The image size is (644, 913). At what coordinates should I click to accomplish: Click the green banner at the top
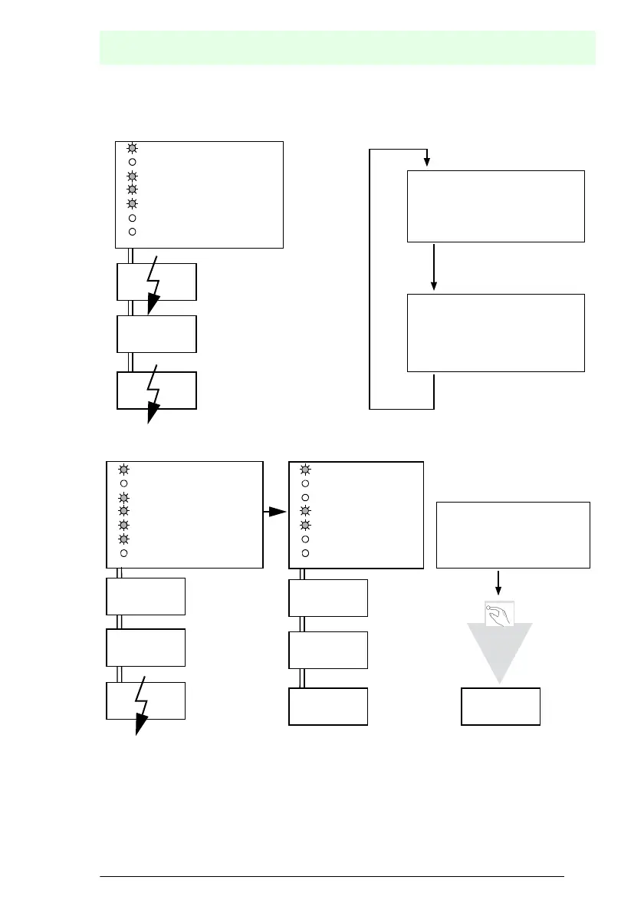pyautogui.click(x=347, y=48)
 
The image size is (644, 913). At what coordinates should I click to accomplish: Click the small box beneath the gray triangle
pyautogui.click(x=500, y=707)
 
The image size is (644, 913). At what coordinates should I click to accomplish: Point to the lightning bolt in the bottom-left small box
pyautogui.click(x=142, y=705)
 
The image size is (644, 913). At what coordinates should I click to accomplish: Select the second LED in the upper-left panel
pyautogui.click(x=132, y=162)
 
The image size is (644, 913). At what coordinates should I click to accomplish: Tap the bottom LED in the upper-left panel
pyautogui.click(x=132, y=231)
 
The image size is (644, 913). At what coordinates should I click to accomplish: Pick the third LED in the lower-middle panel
pyautogui.click(x=304, y=498)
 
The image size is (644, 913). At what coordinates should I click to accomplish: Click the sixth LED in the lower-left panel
pyautogui.click(x=123, y=539)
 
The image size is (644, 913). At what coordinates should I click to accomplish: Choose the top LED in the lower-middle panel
pyautogui.click(x=304, y=470)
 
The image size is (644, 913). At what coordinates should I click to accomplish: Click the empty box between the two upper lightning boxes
pyautogui.click(x=156, y=333)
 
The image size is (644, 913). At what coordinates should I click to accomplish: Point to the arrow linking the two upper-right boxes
pyautogui.click(x=434, y=268)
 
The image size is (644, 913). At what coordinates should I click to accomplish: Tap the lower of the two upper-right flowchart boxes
pyautogui.click(x=495, y=332)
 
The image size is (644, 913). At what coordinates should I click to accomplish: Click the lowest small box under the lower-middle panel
pyautogui.click(x=328, y=707)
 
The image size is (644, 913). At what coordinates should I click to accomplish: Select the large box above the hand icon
pyautogui.click(x=513, y=535)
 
